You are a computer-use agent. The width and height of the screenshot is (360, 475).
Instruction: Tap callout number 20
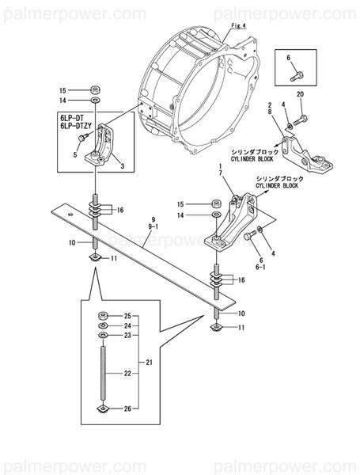(x=300, y=95)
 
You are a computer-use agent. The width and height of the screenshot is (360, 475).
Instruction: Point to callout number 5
(x=75, y=154)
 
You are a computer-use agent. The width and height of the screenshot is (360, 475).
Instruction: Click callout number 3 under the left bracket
(x=121, y=166)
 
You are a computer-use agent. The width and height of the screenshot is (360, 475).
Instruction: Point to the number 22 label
(x=127, y=373)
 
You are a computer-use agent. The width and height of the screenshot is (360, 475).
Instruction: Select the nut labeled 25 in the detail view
(x=104, y=317)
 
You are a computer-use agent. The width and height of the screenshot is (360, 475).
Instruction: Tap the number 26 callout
(x=127, y=408)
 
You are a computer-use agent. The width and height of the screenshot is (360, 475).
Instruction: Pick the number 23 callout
(x=127, y=336)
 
